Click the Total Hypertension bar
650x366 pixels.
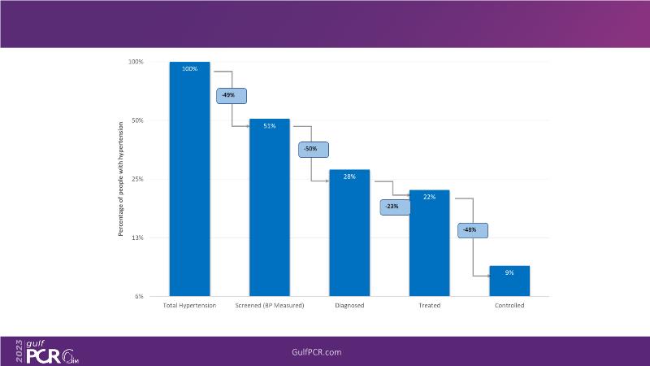click(189, 179)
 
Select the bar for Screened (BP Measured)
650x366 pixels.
click(269, 207)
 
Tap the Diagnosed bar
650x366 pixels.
click(349, 233)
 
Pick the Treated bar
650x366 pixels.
click(429, 243)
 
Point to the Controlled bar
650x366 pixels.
click(509, 281)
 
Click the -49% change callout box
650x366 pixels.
click(229, 95)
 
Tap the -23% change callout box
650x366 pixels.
click(395, 207)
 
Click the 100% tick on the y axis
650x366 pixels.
click(136, 62)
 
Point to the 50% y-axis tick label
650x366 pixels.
click(137, 120)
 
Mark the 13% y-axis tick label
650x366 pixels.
click(137, 237)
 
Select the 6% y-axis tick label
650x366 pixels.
click(139, 296)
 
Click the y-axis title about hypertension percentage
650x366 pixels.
click(120, 179)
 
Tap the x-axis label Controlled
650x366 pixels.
click(509, 306)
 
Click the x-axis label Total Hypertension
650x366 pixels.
click(189, 306)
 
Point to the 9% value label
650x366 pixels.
click(509, 272)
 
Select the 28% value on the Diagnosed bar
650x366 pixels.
click(349, 176)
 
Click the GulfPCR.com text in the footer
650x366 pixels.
click(316, 351)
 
